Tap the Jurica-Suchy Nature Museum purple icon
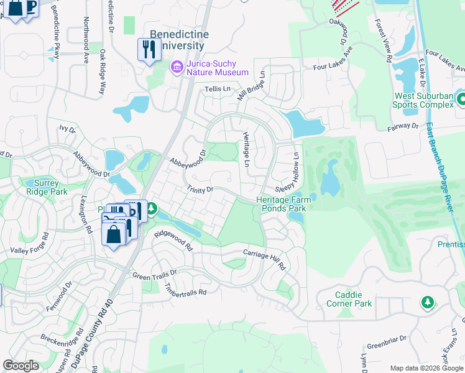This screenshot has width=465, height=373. (x=177, y=67)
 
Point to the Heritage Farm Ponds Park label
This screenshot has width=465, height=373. (x=281, y=204)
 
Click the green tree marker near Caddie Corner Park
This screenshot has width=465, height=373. (x=426, y=302)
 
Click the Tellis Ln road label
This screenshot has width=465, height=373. (x=218, y=90)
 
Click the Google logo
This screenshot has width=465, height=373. (x=21, y=366)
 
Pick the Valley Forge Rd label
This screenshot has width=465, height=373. (x=26, y=247)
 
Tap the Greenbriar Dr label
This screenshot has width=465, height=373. (x=385, y=339)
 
